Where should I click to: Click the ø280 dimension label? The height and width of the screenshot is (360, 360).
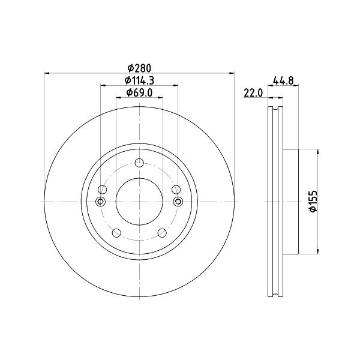(139, 68)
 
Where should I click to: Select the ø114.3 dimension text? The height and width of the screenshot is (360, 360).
(139, 80)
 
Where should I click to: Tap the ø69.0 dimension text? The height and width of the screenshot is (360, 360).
(139, 92)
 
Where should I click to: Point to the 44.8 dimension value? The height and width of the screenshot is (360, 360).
(283, 80)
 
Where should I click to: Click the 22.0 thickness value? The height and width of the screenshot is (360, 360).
(253, 93)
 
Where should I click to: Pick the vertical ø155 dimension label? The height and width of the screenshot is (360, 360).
(313, 201)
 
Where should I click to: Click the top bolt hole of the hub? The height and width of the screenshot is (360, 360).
(139, 163)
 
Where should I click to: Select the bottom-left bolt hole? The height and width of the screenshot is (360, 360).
(116, 233)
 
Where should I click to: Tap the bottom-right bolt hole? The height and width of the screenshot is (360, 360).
(162, 233)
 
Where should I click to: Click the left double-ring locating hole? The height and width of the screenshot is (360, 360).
(100, 202)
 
